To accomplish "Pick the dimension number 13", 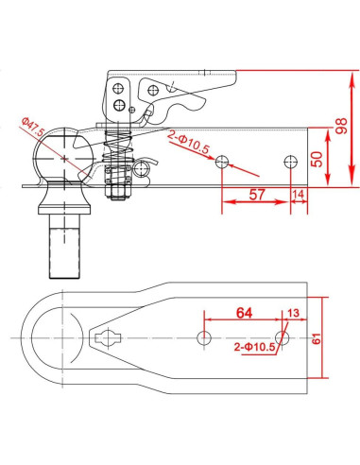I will [292, 314].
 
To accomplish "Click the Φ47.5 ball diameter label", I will [32, 126].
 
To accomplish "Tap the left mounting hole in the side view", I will [222, 163].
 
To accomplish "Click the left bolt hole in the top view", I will [202, 338].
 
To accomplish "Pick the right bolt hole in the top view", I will [281, 338].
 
